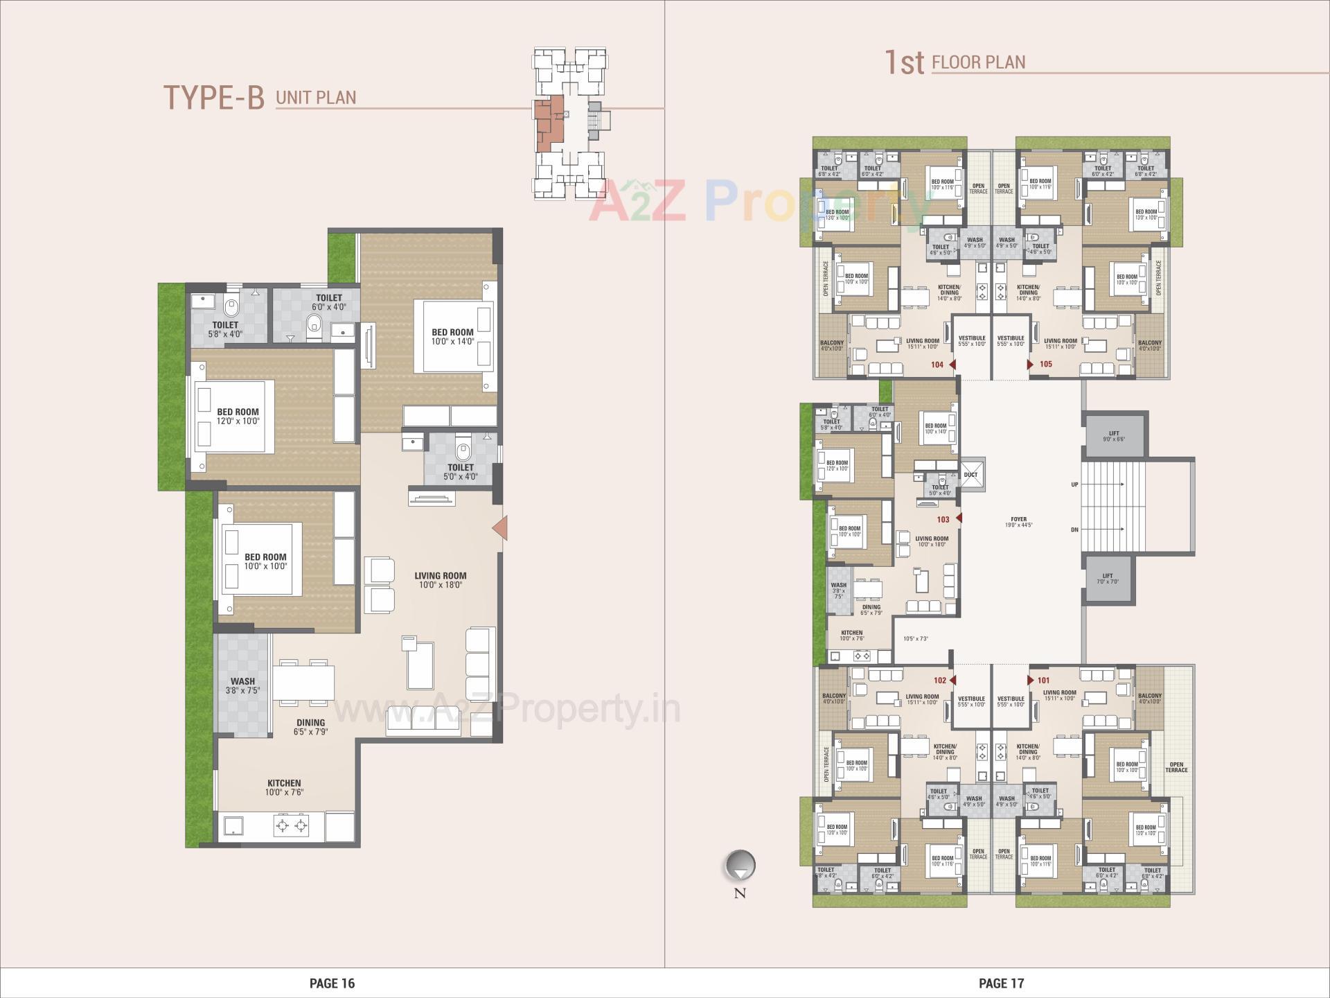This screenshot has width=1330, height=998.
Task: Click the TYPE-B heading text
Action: [213, 98]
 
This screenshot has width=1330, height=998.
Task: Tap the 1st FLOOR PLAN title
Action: [955, 62]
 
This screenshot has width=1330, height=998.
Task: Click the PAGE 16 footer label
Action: [332, 983]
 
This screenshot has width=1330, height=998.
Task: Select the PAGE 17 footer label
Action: [1001, 983]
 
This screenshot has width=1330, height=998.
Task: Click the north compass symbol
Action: [740, 866]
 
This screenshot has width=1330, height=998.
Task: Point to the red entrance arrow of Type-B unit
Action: [500, 528]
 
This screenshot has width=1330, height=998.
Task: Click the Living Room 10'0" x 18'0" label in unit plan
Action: [441, 580]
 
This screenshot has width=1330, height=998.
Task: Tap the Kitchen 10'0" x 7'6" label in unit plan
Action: [284, 787]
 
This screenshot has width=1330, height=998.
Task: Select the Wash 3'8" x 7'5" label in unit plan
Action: [242, 685]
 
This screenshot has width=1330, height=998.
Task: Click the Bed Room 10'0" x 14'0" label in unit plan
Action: [452, 337]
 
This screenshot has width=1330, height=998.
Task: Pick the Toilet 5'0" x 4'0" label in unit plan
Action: [461, 471]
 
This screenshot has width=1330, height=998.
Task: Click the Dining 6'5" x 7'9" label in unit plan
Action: [310, 726]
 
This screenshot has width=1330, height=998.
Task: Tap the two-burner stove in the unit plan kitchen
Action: [291, 825]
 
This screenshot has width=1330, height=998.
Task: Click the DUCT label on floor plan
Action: [970, 475]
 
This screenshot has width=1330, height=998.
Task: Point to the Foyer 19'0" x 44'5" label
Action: [1018, 522]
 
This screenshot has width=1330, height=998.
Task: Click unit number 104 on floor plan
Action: [937, 365]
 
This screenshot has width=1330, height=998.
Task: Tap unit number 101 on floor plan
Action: [1043, 681]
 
